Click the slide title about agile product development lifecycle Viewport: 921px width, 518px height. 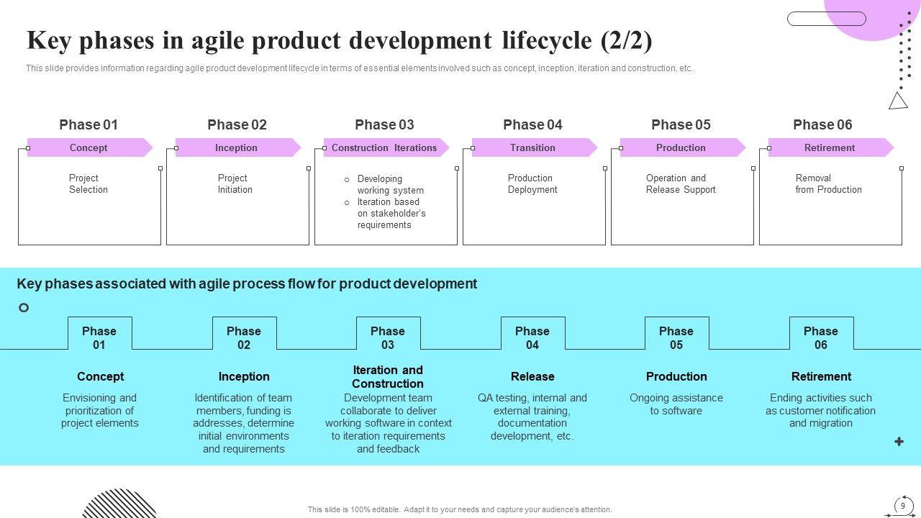[339, 41]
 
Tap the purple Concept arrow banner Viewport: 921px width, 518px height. [89, 147]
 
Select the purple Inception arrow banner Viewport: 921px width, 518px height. [237, 147]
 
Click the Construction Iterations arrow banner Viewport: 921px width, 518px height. [385, 147]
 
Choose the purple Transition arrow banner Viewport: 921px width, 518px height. [533, 147]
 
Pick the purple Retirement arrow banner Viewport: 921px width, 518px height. [830, 147]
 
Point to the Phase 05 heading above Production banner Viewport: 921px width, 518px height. [681, 124]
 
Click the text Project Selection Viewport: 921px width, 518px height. [89, 183]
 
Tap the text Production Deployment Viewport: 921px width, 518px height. [532, 183]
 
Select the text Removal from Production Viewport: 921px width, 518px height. [828, 183]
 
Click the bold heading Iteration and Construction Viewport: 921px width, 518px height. [388, 377]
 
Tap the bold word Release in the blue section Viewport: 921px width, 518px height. [532, 376]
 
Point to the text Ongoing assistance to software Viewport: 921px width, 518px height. [676, 404]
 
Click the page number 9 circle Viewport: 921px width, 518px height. [903, 506]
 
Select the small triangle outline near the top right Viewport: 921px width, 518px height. [898, 101]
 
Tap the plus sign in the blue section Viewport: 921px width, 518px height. [899, 442]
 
